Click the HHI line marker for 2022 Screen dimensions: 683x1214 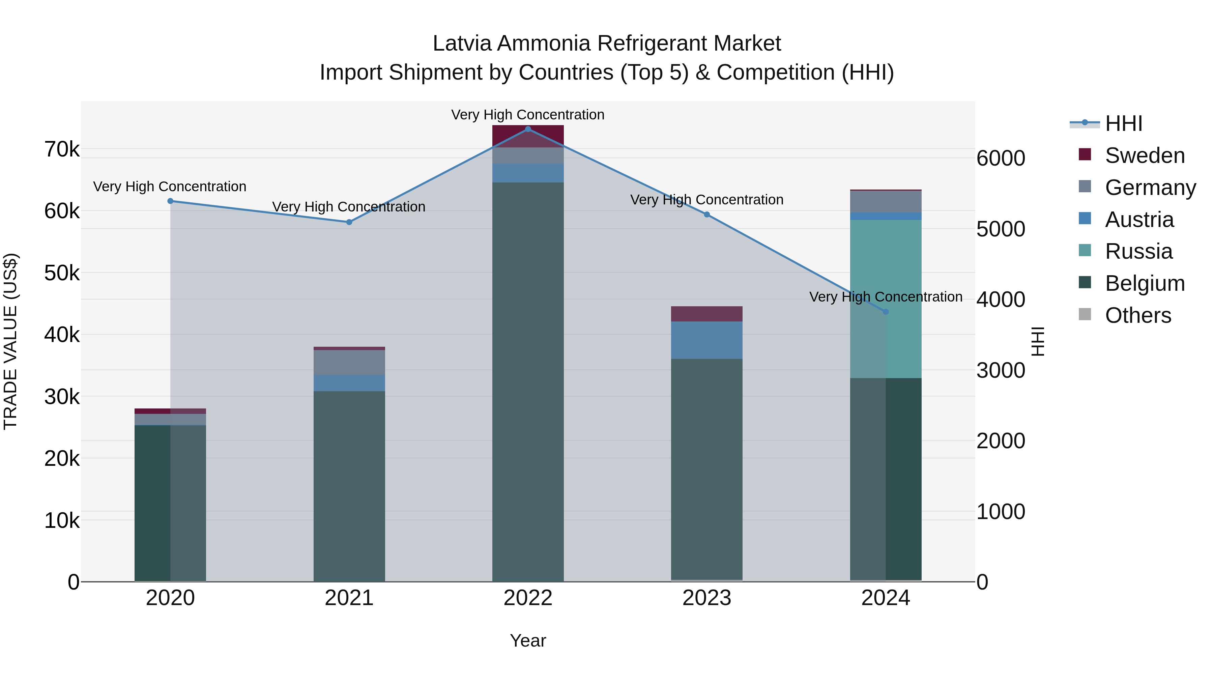[x=528, y=129]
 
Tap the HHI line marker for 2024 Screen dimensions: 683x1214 [x=886, y=312]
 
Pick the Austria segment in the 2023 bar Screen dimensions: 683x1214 [x=706, y=340]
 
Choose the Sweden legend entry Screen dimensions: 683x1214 [x=1144, y=155]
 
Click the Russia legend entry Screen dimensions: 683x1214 [x=1138, y=251]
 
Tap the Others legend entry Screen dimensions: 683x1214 [x=1138, y=315]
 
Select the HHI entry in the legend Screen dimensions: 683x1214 [x=1124, y=123]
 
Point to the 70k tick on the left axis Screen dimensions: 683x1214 [x=62, y=149]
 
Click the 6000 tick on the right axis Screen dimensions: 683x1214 [x=1000, y=159]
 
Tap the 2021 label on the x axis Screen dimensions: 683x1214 [x=349, y=598]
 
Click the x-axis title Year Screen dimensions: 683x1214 [x=528, y=641]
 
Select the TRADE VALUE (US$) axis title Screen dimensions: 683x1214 [x=10, y=341]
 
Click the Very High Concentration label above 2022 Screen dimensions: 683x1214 [x=528, y=115]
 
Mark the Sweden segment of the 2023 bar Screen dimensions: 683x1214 [x=706, y=314]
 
